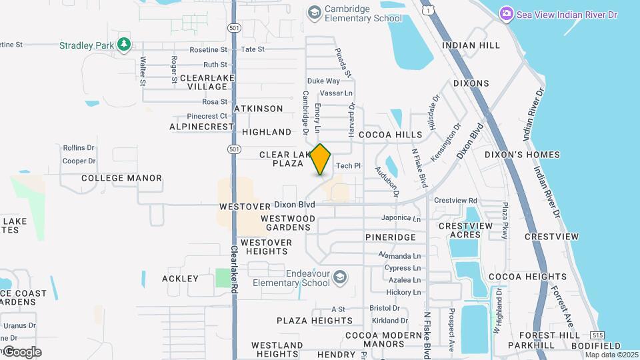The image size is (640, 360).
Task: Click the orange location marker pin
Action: pos(321,159)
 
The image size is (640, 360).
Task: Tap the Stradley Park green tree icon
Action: pos(123,44)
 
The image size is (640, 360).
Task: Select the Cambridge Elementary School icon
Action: pos(314,13)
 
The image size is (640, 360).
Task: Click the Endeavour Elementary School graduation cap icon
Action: pos(341,277)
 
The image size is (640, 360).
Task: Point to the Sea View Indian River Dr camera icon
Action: pos(507,14)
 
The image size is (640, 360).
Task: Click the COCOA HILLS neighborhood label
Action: pos(391,135)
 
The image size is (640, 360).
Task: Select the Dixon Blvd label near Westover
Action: pos(294,205)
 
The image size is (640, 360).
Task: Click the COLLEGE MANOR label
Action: pos(121,178)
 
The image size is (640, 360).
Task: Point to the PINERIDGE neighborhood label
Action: pos(391,237)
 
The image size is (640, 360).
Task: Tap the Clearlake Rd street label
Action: pos(235,271)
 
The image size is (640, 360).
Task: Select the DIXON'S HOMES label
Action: pos(522,155)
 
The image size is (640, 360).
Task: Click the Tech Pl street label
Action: pos(348,166)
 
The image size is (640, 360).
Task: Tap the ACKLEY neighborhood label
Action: pos(180,279)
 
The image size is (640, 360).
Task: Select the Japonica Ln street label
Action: pos(401,218)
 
